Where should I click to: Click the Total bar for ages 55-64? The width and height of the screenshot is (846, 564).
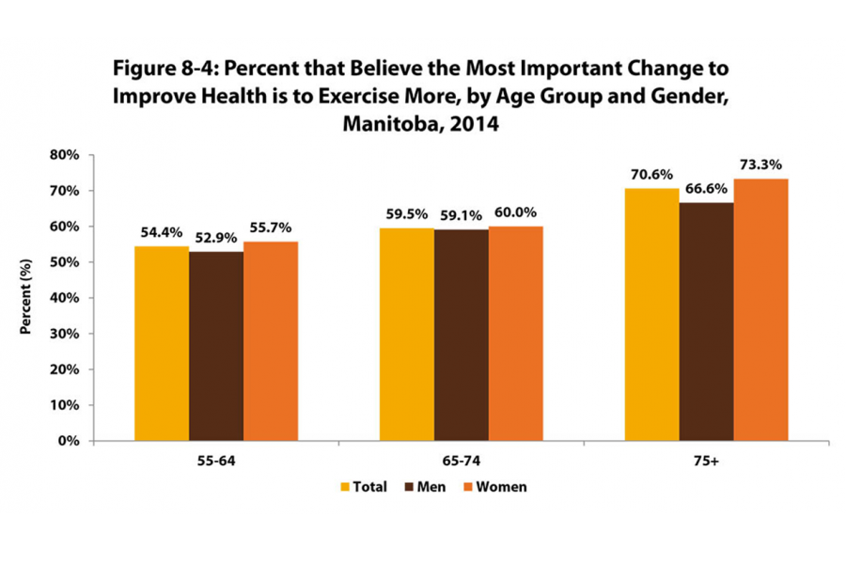[x=162, y=343]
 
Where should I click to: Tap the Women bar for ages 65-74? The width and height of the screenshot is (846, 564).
[x=515, y=333]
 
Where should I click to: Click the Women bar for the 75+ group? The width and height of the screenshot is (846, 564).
[x=760, y=309]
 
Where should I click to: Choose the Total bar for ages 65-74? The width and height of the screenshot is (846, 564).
[x=406, y=334]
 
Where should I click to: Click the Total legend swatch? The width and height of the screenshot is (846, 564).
[x=345, y=487]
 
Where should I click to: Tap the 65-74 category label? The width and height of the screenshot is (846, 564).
[x=461, y=462]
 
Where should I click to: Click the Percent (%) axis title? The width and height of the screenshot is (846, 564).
[x=27, y=298]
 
